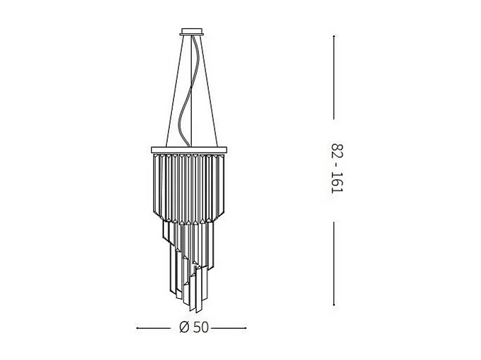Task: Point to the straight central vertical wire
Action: (x=192, y=71)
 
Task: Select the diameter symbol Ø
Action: (x=183, y=327)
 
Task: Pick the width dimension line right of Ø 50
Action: (x=227, y=328)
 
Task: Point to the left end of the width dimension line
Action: (x=136, y=328)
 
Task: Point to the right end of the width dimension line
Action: (x=246, y=328)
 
